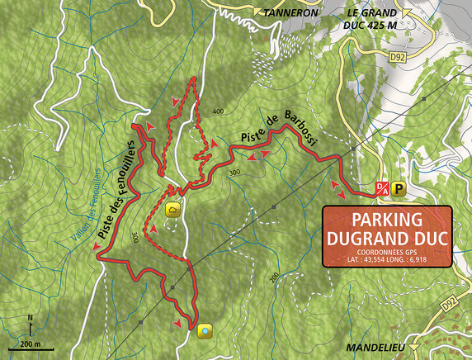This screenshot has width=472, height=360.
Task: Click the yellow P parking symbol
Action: coord(398,187)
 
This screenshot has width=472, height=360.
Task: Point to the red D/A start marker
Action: coord(382,188)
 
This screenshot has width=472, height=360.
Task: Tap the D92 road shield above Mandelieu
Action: coord(449,305)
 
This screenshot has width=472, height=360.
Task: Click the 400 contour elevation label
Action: coord(218,111)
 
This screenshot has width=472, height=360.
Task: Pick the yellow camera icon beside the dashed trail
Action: coord(173,209)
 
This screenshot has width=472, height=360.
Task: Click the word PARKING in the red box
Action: coord(386,220)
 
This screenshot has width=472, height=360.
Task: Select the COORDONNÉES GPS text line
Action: coord(386,251)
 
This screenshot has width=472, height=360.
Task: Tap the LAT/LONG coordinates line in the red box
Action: coord(386,259)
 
